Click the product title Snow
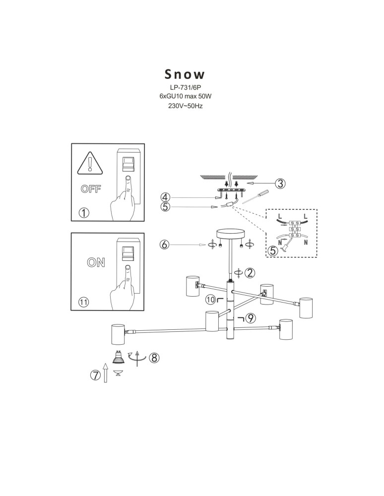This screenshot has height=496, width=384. click(185, 74)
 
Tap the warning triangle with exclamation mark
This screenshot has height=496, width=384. click(89, 164)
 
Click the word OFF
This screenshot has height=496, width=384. click(90, 188)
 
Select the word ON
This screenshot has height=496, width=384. click(96, 263)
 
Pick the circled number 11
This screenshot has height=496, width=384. click(84, 302)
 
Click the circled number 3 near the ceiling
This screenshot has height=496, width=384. click(280, 184)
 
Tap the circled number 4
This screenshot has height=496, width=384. click(166, 197)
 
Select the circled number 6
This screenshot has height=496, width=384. click(165, 244)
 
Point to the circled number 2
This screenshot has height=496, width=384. click(251, 272)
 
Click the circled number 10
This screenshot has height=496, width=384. click(211, 300)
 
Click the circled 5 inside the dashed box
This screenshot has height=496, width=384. click(272, 250)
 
